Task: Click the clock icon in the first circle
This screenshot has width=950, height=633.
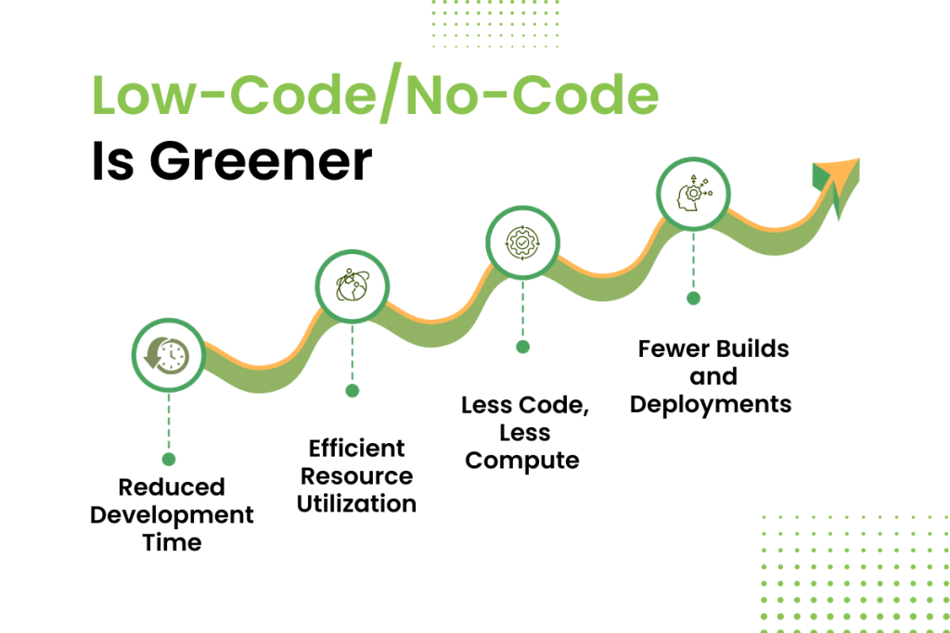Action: [x=167, y=356]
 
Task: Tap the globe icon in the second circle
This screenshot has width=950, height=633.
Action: [x=352, y=285]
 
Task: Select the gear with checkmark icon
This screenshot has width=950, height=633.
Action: [x=522, y=243]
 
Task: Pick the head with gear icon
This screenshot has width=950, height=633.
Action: [x=694, y=193]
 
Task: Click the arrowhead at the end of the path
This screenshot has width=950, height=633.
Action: [x=838, y=183]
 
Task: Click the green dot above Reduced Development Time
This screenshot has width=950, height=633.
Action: [x=169, y=460]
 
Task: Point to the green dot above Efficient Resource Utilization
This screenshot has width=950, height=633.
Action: [x=352, y=391]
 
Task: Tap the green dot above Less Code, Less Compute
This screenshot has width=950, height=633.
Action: [x=523, y=347]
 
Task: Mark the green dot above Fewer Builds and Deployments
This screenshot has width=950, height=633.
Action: [x=694, y=298]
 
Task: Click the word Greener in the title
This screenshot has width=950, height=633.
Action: [x=261, y=161]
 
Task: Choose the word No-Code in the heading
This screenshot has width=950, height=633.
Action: [x=532, y=95]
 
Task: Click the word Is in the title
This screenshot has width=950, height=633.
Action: [x=112, y=160]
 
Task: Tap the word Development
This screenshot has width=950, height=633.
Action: [x=172, y=515]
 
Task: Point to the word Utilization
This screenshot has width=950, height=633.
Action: [x=357, y=503]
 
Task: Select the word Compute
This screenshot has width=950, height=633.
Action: [x=522, y=462]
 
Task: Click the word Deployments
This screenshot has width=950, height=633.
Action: [x=711, y=405]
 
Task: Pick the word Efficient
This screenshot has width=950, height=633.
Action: [x=357, y=449]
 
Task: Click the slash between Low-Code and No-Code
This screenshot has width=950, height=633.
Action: [x=391, y=92]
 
